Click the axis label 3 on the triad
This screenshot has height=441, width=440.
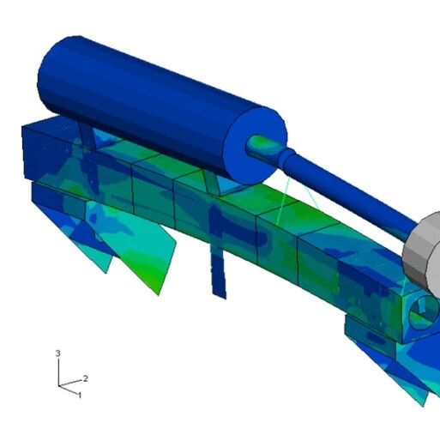pos(58,353)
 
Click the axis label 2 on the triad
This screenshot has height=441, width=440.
pos(85,378)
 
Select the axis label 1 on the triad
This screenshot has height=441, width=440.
pos(80,396)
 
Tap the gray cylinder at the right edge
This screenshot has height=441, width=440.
pos(422,255)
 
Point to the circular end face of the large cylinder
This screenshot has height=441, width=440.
pos(256,146)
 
